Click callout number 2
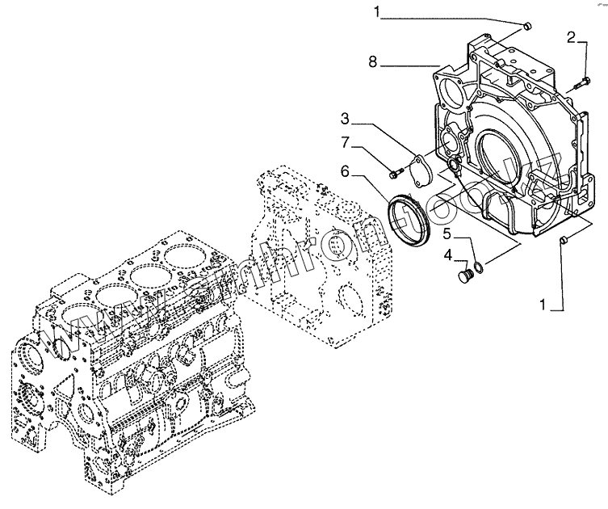[571, 37]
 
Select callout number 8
[374, 61]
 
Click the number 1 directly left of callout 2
[376, 11]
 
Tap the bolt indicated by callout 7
[395, 171]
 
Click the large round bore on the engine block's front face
[27, 355]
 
